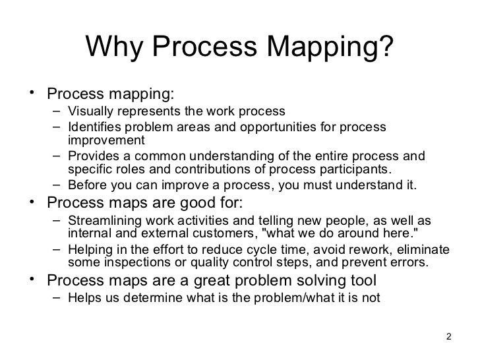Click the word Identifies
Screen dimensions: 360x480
tap(93, 127)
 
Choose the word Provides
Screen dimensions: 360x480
tap(92, 156)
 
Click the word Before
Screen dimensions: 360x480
tap(87, 185)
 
